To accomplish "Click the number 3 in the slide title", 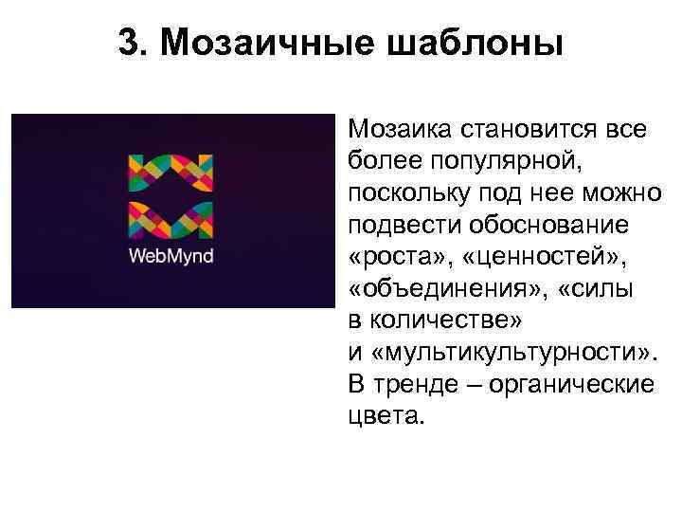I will pyautogui.click(x=129, y=43).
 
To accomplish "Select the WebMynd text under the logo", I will pyautogui.click(x=170, y=255).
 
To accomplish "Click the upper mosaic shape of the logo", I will pyautogui.click(x=170, y=171).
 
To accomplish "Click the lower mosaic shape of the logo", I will pyautogui.click(x=170, y=219).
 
